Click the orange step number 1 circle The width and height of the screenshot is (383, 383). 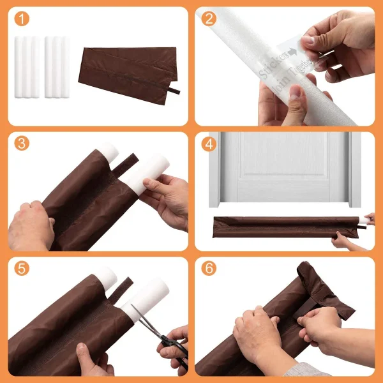(22, 20)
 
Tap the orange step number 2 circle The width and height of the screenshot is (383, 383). (209, 20)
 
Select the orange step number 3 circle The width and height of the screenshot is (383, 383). (22, 144)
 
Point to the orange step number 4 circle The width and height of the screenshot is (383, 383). (209, 144)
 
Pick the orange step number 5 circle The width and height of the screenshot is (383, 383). (22, 269)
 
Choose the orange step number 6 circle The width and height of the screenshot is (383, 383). (209, 269)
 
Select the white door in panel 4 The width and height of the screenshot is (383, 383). (284, 166)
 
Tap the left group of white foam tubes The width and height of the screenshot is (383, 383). (26, 67)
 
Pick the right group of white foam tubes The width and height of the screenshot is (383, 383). (57, 67)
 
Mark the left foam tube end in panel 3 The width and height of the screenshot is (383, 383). (108, 153)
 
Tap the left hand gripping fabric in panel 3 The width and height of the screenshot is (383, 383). (29, 227)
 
